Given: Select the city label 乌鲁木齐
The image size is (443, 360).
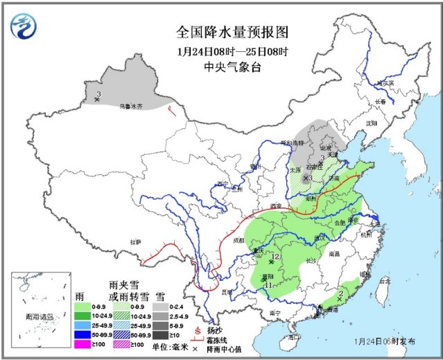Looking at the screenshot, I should pos(130,106).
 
